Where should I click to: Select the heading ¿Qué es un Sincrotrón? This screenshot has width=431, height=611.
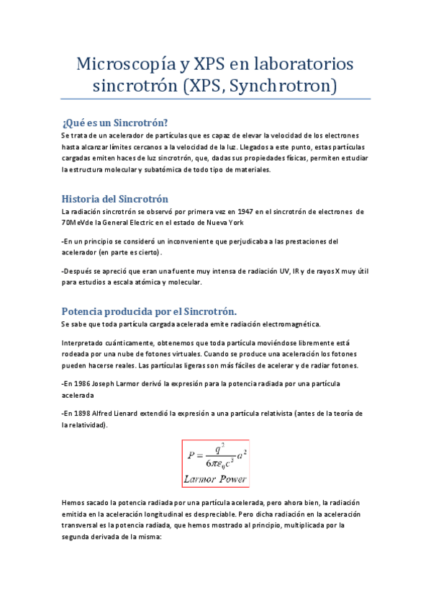click(115, 122)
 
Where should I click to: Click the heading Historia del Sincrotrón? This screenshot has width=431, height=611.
click(115, 198)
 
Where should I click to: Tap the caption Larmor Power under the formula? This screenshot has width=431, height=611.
click(216, 478)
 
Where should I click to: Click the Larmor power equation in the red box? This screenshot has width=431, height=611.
click(216, 455)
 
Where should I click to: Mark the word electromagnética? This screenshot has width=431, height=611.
click(294, 325)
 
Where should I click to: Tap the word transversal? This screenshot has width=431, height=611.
click(83, 525)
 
